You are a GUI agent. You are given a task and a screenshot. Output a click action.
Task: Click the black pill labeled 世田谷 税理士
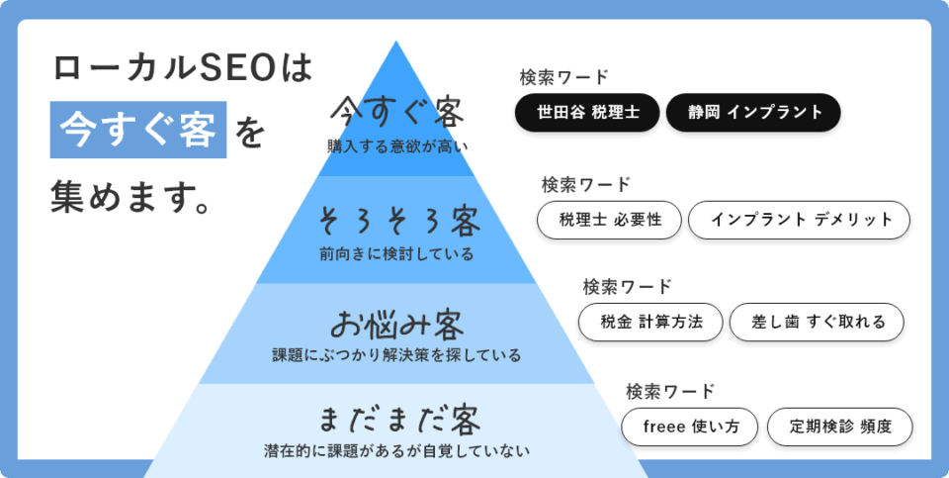(587, 112)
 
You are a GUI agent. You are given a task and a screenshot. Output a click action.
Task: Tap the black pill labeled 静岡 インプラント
(753, 112)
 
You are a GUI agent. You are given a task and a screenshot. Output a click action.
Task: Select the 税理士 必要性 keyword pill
(610, 220)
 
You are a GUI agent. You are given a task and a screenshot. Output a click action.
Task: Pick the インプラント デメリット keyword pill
(799, 220)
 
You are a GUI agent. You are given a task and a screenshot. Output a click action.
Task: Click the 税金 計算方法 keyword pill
(650, 322)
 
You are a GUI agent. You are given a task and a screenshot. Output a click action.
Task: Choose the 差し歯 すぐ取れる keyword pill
(817, 322)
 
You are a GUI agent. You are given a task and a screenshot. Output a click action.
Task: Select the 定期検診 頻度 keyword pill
(840, 427)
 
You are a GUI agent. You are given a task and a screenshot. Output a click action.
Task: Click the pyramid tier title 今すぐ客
(397, 112)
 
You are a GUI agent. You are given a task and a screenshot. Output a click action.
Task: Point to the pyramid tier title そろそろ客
(398, 221)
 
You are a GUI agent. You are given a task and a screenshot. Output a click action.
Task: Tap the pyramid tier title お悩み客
(397, 325)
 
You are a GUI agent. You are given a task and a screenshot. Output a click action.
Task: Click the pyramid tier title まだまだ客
(398, 420)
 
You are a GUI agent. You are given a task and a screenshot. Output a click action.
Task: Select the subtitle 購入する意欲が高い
(397, 147)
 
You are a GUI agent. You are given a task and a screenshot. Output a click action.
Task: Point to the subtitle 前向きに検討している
(397, 253)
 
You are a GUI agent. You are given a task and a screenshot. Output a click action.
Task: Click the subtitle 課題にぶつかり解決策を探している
(396, 355)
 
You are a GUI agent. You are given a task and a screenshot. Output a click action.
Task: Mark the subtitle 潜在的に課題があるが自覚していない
(397, 450)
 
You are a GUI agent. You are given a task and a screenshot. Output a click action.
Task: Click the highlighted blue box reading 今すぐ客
(138, 131)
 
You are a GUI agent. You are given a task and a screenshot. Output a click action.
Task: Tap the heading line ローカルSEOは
(183, 68)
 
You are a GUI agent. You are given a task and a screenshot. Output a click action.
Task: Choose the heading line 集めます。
(130, 197)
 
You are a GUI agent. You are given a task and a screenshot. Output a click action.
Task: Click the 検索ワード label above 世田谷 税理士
(563, 77)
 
